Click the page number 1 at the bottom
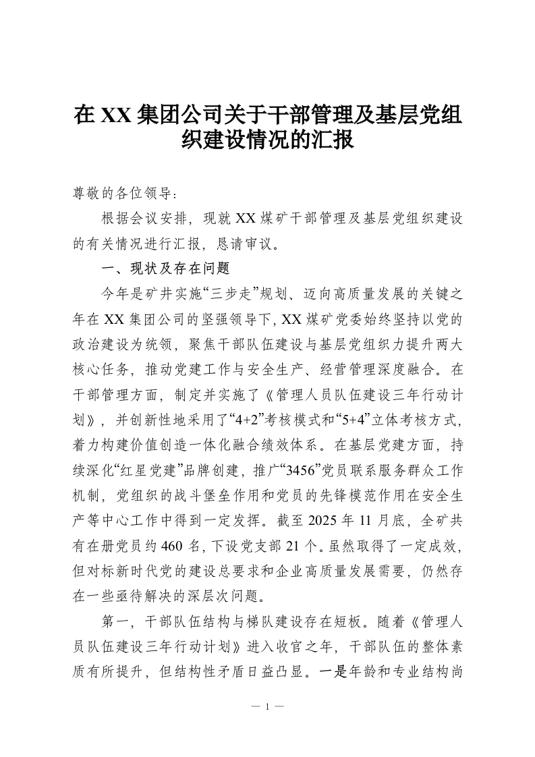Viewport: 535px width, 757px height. [267, 707]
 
